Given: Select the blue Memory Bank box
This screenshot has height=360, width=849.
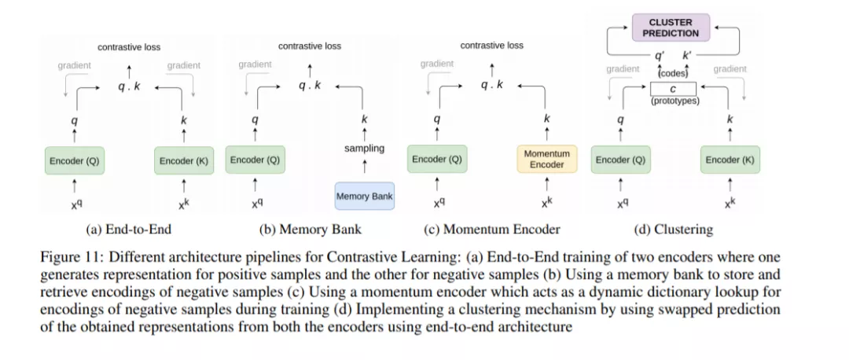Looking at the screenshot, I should (x=365, y=196).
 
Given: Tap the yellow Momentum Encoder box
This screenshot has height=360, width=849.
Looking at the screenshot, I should (x=546, y=160).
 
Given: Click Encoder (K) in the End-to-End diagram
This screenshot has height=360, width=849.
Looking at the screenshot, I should (x=183, y=160).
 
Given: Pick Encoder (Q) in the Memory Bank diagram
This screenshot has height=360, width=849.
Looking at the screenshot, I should (x=255, y=160).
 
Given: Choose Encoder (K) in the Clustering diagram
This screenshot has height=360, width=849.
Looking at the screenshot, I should (x=730, y=160).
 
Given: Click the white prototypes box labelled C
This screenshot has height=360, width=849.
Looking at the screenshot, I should (x=674, y=90).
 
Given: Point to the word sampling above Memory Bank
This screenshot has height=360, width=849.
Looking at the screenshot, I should (x=364, y=148).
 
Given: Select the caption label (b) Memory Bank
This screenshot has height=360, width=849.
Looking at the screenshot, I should (x=311, y=230).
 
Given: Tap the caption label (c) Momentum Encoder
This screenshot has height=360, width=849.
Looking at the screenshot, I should (x=491, y=230).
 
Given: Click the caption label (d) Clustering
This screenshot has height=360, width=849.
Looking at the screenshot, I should (x=673, y=230).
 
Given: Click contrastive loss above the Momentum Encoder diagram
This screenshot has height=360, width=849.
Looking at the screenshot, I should (x=491, y=46).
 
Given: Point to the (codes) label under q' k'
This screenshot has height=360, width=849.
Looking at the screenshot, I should (x=673, y=73).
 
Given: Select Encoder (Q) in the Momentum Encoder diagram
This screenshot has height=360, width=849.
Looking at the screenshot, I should (x=437, y=160).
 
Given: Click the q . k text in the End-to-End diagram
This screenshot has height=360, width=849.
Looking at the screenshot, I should (x=129, y=86).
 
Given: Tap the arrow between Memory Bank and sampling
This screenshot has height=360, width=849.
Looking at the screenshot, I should (x=364, y=166).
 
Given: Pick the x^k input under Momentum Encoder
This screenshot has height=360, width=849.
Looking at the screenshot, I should (x=546, y=202).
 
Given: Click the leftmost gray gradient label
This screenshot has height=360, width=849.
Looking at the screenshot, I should (x=74, y=65).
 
